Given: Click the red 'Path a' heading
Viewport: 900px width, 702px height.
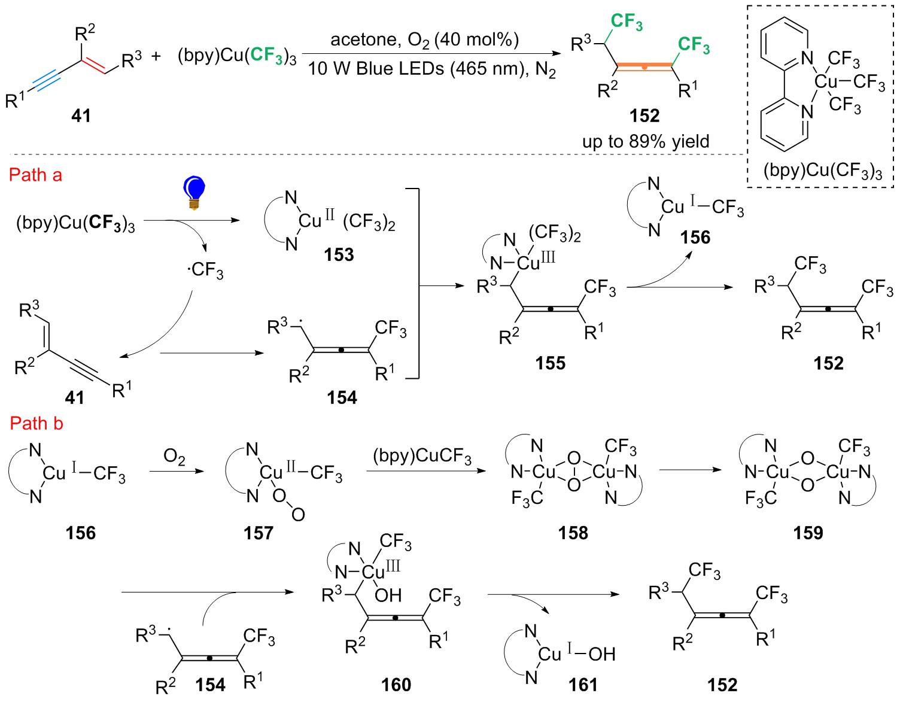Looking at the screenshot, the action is pyautogui.click(x=36, y=175).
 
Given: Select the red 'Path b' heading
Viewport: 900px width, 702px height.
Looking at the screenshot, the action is pyautogui.click(x=37, y=424).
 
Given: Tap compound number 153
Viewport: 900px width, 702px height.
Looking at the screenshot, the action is pyautogui.click(x=339, y=255).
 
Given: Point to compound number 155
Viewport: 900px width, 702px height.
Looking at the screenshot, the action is pyautogui.click(x=550, y=363).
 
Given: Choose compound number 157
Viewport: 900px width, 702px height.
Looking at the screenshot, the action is pyautogui.click(x=259, y=533).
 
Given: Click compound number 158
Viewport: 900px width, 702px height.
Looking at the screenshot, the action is pyautogui.click(x=573, y=533).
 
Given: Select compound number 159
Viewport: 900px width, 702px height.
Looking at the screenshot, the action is pyautogui.click(x=808, y=533).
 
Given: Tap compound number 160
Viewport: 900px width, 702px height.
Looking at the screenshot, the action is pyautogui.click(x=396, y=685).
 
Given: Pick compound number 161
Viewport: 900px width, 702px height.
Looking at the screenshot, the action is pyautogui.click(x=583, y=685).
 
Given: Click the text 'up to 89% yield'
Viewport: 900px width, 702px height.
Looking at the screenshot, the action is pyautogui.click(x=646, y=142).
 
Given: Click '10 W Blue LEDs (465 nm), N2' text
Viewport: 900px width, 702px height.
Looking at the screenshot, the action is pyautogui.click(x=431, y=69).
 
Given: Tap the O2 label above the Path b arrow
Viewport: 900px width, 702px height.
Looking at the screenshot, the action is pyautogui.click(x=174, y=457).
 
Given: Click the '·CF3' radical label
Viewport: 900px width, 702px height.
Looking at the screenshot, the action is pyautogui.click(x=205, y=271).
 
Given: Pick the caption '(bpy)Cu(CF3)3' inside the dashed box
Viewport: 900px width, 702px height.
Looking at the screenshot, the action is pyautogui.click(x=823, y=171).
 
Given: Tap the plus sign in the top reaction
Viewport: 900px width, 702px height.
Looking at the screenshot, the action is pyautogui.click(x=156, y=56).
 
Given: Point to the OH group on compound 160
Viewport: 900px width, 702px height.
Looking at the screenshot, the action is pyautogui.click(x=388, y=595).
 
